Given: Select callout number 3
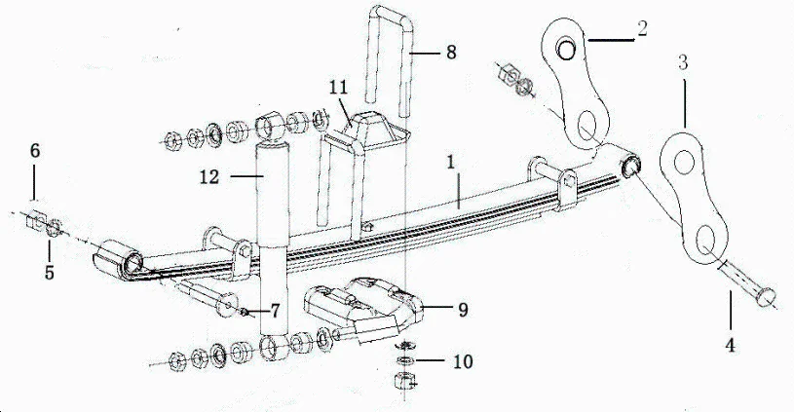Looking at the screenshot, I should (683, 63).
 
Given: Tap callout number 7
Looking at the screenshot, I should (276, 312).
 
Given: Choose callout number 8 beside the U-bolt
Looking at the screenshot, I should (451, 52).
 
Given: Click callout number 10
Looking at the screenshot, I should (464, 360).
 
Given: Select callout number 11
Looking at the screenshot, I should (338, 87).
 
